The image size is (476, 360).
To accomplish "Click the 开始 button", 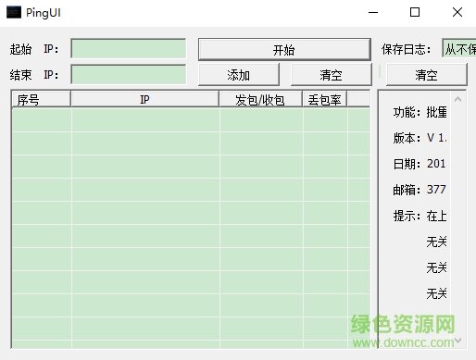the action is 283,50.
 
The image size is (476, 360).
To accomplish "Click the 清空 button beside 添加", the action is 331,75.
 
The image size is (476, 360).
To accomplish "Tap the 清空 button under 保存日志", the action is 426,75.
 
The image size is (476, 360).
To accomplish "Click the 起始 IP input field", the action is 128,49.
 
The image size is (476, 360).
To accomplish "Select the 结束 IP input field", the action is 128,74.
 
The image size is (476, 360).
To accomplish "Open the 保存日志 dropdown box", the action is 457,49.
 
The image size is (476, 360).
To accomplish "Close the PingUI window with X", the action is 456,13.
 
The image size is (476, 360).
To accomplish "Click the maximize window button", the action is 414,13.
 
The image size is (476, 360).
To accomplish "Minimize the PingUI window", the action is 372,13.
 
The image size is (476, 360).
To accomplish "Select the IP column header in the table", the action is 144,99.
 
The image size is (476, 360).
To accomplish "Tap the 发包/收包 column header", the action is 260,99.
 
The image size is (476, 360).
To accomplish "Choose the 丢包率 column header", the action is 323,99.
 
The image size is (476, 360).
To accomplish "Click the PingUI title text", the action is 44,13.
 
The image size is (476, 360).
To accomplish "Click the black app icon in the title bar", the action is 13,13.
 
